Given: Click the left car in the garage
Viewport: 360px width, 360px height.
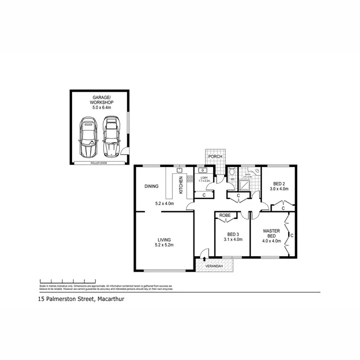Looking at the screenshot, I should pos(88,139).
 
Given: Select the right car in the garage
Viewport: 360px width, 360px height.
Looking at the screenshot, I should pos(111,138).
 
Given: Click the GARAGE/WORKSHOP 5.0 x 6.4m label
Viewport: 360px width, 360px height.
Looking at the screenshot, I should pos(100,103).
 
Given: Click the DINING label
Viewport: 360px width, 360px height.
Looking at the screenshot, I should pos(151,186).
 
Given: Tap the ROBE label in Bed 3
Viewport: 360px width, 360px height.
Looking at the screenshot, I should pos(225,216).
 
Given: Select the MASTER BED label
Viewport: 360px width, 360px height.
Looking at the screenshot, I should pos(271,233).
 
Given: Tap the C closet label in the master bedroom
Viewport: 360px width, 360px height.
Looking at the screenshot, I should pos(291,235).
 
